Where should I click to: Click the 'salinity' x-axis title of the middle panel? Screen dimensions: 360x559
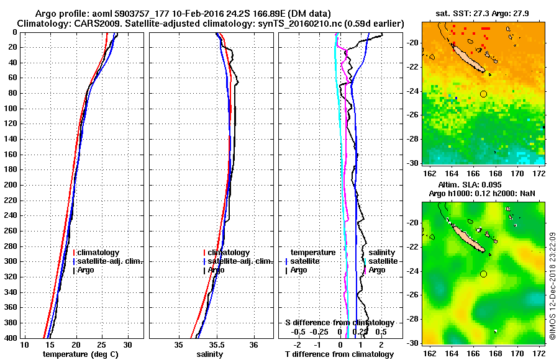(x=209, y=354)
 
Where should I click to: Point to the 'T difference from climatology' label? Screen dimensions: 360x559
(x=339, y=354)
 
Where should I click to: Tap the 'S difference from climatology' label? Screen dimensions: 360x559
(x=339, y=323)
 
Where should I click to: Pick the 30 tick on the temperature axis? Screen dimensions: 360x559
(x=128, y=344)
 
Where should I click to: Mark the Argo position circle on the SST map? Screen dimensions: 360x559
(x=483, y=94)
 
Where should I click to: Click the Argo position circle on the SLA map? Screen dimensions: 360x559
(x=483, y=274)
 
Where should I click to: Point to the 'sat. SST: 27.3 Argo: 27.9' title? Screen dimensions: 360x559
(x=483, y=13)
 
